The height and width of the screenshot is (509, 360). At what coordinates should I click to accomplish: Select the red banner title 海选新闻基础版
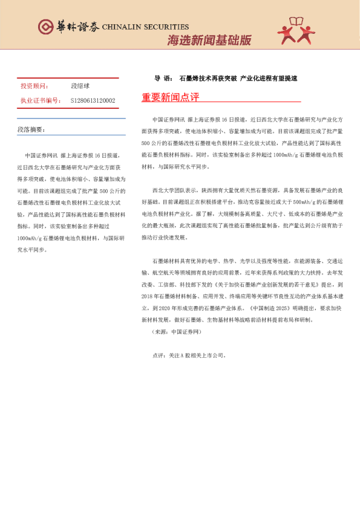point(209,40)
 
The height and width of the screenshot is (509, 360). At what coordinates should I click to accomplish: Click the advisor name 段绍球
point(80,86)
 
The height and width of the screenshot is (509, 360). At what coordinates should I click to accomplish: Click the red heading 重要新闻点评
point(170,97)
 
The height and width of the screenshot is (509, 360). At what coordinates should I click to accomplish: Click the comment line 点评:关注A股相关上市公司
point(189,355)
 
